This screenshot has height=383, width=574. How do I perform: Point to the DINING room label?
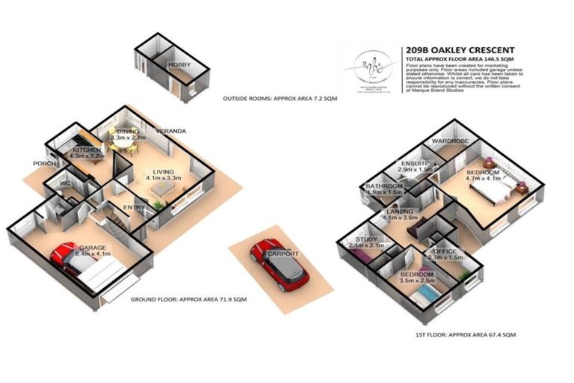click(127, 132)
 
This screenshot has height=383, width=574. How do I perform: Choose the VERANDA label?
click(170, 132)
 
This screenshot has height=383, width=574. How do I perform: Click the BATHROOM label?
click(384, 186)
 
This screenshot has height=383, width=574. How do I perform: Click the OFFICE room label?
click(447, 251)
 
